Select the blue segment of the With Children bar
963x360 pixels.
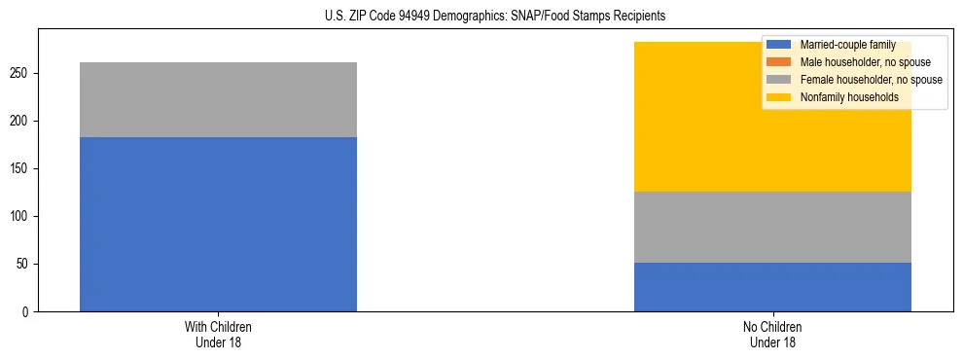tap(218, 224)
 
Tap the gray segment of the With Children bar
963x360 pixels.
tap(218, 99)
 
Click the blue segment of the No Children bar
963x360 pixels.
tap(772, 287)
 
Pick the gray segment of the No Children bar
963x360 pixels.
tap(772, 227)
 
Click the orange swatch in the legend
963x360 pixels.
tap(779, 62)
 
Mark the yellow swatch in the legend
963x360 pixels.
tap(779, 97)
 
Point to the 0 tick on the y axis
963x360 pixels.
tap(29, 311)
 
